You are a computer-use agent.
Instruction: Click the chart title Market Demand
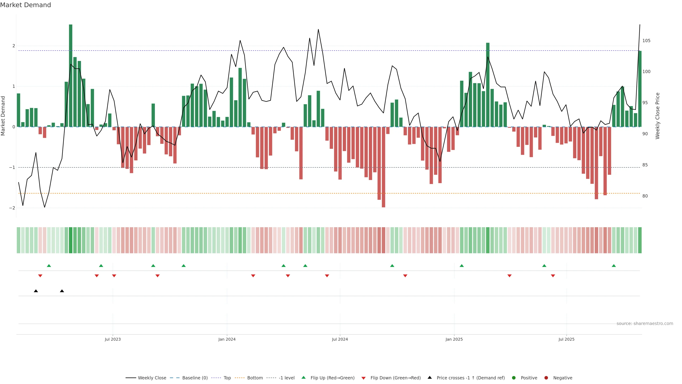pyautogui.click(x=25, y=5)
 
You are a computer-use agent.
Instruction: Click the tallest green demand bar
pyautogui.click(x=71, y=76)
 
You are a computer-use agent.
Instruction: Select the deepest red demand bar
pyautogui.click(x=383, y=167)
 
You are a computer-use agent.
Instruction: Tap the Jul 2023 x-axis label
pyautogui.click(x=113, y=339)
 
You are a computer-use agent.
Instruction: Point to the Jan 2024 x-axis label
pyautogui.click(x=227, y=339)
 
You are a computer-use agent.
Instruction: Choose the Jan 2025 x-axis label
pyautogui.click(x=454, y=339)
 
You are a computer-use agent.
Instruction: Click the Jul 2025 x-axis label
pyautogui.click(x=566, y=339)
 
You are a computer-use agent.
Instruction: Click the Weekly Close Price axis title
pyautogui.click(x=658, y=116)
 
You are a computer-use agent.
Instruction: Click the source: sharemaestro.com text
pyautogui.click(x=645, y=324)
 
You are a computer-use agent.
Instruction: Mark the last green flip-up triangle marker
pyautogui.click(x=614, y=266)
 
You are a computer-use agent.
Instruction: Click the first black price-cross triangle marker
pyautogui.click(x=36, y=291)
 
